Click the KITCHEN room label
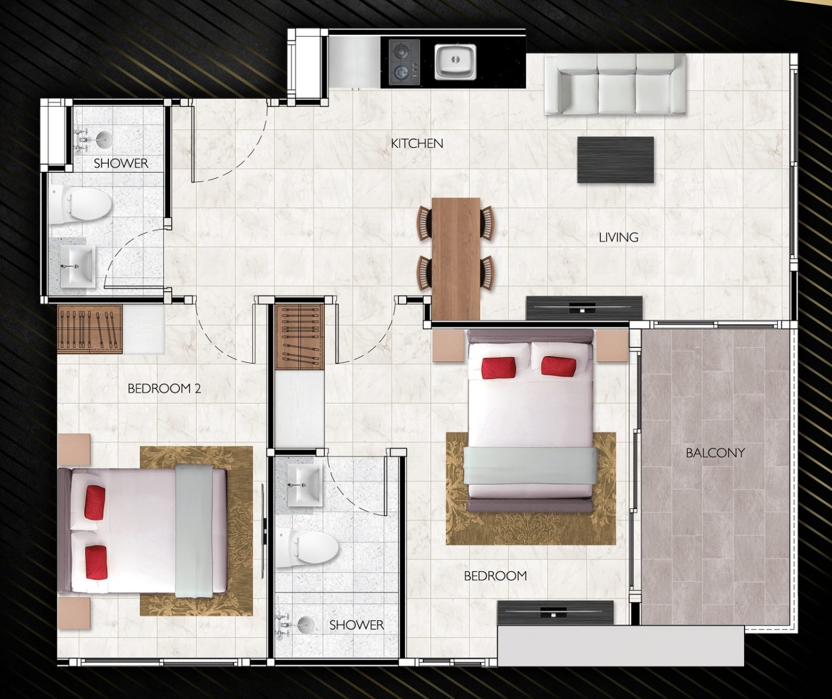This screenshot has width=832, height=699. [x=417, y=143]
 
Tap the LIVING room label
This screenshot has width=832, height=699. [x=619, y=237]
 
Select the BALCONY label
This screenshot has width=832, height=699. [x=715, y=452]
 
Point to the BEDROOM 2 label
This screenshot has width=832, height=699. [x=164, y=389]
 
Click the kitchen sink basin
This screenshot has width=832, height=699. [x=455, y=62]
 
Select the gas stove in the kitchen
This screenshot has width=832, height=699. [x=405, y=63]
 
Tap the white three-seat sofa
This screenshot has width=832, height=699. [x=615, y=84]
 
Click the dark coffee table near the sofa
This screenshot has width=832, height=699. [x=616, y=160]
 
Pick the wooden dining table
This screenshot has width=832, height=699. [x=456, y=259]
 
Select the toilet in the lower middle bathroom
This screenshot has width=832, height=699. [x=307, y=547]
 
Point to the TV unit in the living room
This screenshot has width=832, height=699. [x=584, y=308]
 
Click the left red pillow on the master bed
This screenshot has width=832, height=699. [x=499, y=367]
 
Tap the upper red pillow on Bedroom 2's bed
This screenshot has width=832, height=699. [x=95, y=502]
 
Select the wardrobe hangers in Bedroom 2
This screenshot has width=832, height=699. [x=90, y=329]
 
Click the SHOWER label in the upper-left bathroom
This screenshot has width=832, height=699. [x=121, y=163]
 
